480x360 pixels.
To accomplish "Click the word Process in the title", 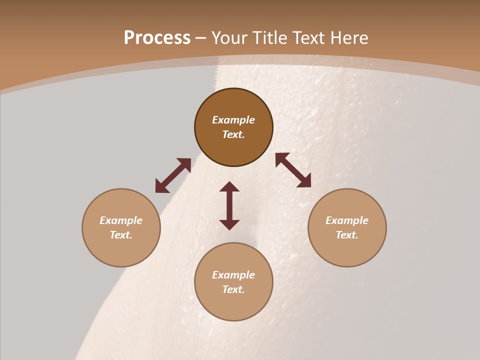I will (157, 38).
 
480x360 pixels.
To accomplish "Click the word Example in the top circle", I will (233, 120).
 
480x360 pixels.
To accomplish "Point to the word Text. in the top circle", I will (233, 134).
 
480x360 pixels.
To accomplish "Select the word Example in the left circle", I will (121, 220).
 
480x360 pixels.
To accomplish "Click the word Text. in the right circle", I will (347, 235).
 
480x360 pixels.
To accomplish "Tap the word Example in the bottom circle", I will (233, 275).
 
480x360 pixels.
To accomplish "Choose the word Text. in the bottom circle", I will (233, 289).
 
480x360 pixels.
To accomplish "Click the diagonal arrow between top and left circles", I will (173, 175).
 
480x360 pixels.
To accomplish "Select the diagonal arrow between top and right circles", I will (293, 170).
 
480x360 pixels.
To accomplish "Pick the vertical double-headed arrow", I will (229, 205).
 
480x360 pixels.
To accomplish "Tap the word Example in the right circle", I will (347, 220).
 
